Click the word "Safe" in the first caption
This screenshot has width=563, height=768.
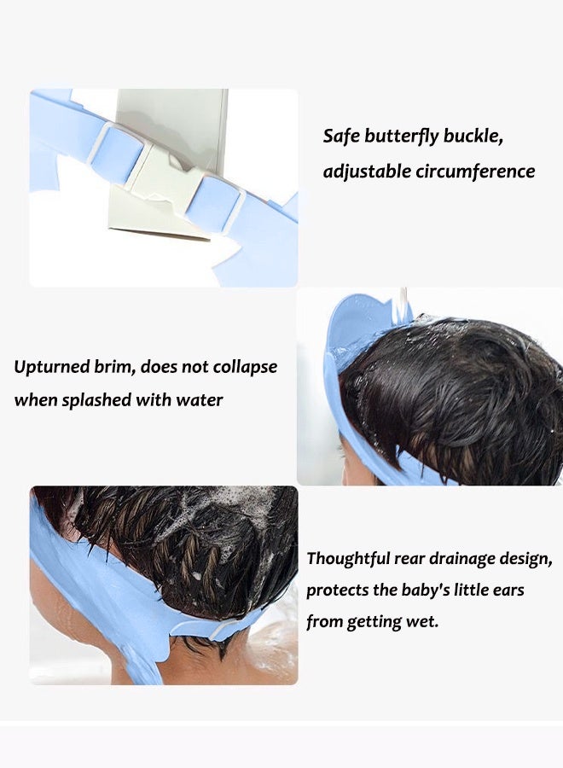tap(342, 136)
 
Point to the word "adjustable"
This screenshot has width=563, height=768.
tap(366, 172)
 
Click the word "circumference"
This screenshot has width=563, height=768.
tap(475, 172)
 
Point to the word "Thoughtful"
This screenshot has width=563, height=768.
tap(348, 559)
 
